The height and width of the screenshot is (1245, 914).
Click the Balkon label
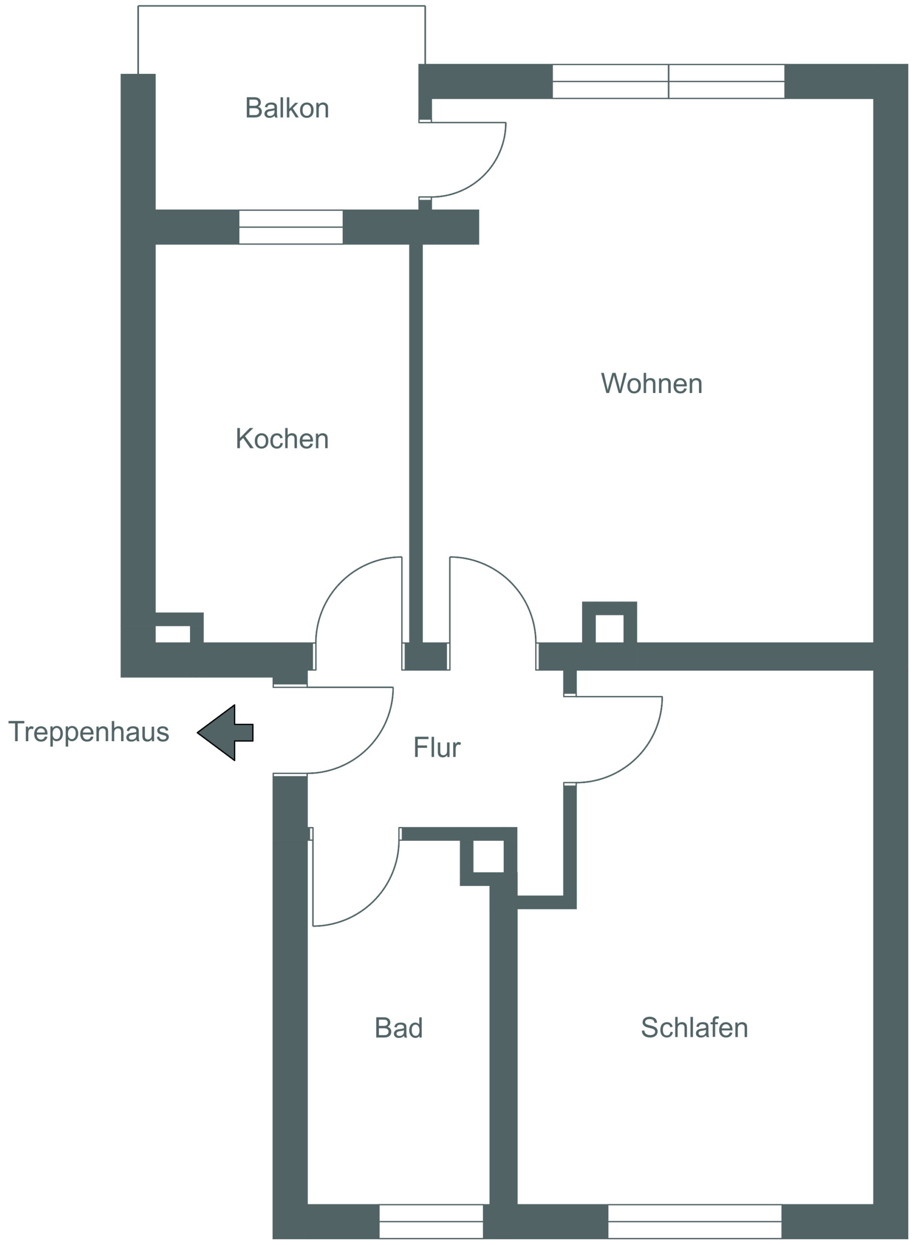click(287, 108)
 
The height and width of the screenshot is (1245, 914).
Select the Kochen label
click(282, 439)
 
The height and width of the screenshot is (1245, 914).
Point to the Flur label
click(437, 747)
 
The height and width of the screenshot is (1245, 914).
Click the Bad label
click(399, 1028)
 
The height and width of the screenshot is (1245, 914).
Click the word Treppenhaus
click(88, 732)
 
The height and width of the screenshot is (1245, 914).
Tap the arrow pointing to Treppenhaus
click(225, 732)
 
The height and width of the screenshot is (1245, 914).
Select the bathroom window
click(431, 1221)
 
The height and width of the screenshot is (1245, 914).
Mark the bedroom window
click(695, 1221)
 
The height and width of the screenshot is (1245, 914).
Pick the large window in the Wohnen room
click(668, 81)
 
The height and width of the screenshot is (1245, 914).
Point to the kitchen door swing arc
click(341, 582)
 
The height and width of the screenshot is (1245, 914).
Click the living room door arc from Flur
click(510, 582)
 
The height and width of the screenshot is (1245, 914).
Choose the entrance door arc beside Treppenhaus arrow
click(368, 748)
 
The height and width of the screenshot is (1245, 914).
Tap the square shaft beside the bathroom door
click(489, 856)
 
